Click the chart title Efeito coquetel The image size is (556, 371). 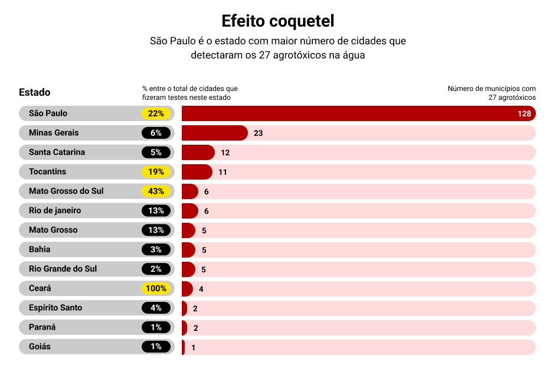pyautogui.click(x=278, y=21)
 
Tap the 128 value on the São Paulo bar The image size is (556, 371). pyautogui.click(x=524, y=113)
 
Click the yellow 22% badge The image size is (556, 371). pyautogui.click(x=156, y=113)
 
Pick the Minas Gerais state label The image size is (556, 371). pyautogui.click(x=54, y=133)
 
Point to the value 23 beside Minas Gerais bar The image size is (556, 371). pyautogui.click(x=258, y=133)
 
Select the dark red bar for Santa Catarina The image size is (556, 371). pyautogui.click(x=198, y=152)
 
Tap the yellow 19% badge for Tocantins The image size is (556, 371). pyautogui.click(x=156, y=172)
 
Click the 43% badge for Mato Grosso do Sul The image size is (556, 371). pyautogui.click(x=156, y=191)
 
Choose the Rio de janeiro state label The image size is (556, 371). pyautogui.click(x=55, y=210)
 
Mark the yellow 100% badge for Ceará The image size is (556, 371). pyautogui.click(x=156, y=289)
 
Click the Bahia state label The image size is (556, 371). pyautogui.click(x=40, y=249)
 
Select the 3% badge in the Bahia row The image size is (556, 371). pyautogui.click(x=156, y=249)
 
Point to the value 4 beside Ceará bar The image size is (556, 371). pyautogui.click(x=201, y=289)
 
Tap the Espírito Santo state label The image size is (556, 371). pyautogui.click(x=55, y=308)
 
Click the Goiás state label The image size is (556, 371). pyautogui.click(x=40, y=347)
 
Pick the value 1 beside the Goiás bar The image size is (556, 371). pyautogui.click(x=193, y=347)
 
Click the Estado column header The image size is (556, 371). pyautogui.click(x=35, y=92)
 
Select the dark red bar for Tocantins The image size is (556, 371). pyautogui.click(x=197, y=172)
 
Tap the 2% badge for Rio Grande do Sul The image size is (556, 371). pyautogui.click(x=156, y=269)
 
